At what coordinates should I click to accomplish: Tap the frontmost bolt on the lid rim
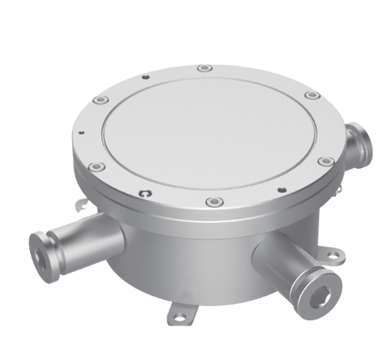coord(210,202)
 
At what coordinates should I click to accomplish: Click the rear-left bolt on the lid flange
coord(100,100)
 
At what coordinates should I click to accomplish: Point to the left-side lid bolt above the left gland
coord(94,167)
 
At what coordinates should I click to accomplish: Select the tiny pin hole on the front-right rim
coord(282,190)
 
